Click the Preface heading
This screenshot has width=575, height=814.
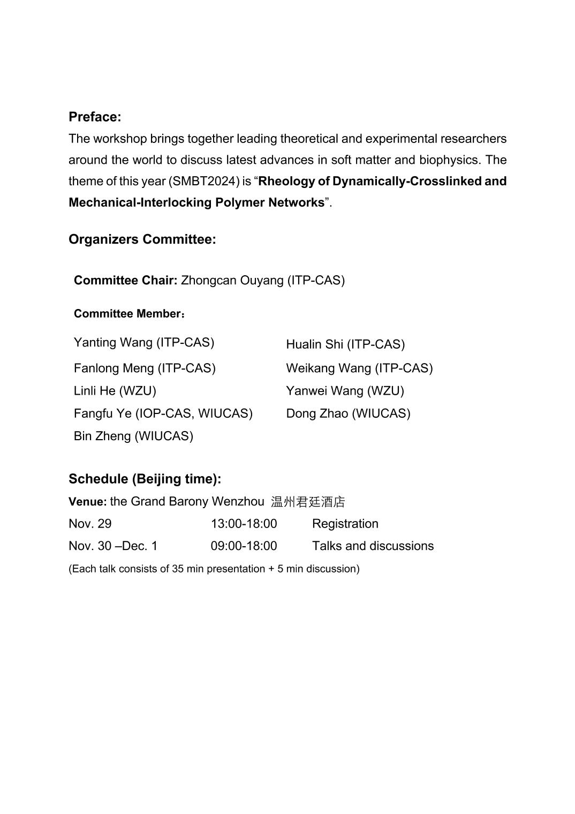pyautogui.click(x=95, y=117)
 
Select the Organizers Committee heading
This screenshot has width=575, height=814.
pyautogui.click(x=142, y=239)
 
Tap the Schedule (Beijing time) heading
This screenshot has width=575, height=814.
pyautogui.click(x=145, y=479)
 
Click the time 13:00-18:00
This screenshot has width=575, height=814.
pyautogui.click(x=244, y=524)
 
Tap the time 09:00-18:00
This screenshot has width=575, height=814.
pyautogui.click(x=244, y=546)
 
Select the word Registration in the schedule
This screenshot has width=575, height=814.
pyautogui.click(x=345, y=524)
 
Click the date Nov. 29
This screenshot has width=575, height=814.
pyautogui.click(x=90, y=524)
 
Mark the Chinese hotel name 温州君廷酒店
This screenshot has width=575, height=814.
pyautogui.click(x=308, y=502)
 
